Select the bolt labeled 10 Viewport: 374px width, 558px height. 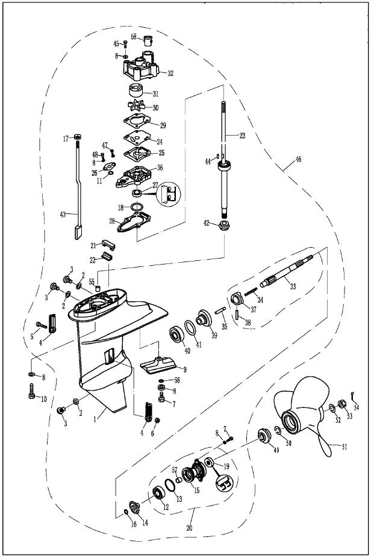tap(31, 392)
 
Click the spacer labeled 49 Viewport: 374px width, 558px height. tap(263, 436)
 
